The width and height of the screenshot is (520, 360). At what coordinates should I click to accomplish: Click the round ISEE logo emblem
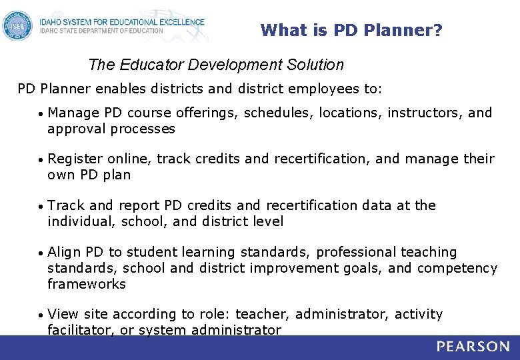pyautogui.click(x=17, y=27)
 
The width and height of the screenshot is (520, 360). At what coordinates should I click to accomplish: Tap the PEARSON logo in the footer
pyautogui.click(x=473, y=347)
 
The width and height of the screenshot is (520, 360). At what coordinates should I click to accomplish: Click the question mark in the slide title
pyautogui.click(x=437, y=30)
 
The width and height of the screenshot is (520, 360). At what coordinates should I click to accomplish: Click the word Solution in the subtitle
pyautogui.click(x=316, y=65)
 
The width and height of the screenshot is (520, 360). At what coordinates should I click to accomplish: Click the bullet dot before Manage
pyautogui.click(x=41, y=113)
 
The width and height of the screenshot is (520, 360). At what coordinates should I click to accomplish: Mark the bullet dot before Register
pyautogui.click(x=41, y=160)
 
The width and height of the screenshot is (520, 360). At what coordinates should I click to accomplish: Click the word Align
pyautogui.click(x=65, y=252)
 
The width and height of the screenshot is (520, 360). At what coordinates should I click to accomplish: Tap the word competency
pyautogui.click(x=457, y=268)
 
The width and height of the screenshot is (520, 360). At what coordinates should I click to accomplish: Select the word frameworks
pyautogui.click(x=87, y=284)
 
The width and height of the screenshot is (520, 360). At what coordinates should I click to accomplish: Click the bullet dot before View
pyautogui.click(x=41, y=315)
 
